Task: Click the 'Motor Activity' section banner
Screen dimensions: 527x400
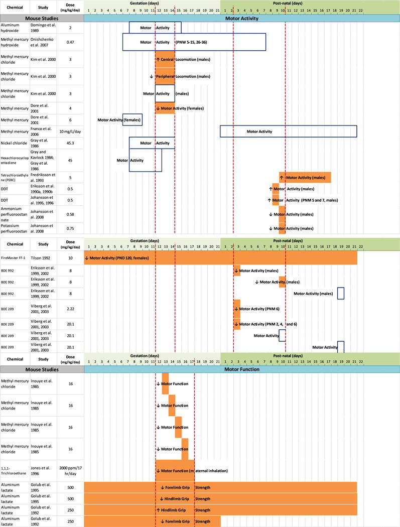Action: click(x=242, y=18)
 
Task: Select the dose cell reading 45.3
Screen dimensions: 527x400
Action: click(x=70, y=143)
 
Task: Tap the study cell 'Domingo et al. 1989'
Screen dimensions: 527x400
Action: click(x=43, y=28)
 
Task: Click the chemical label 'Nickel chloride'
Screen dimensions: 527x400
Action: click(x=15, y=143)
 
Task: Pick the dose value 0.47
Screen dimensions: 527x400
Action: click(x=70, y=42)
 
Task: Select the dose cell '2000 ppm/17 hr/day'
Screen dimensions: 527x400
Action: click(x=70, y=470)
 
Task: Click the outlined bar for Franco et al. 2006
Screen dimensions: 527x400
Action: click(x=288, y=131)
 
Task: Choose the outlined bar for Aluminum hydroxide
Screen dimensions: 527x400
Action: click(x=155, y=28)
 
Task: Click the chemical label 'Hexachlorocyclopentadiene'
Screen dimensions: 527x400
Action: click(x=15, y=160)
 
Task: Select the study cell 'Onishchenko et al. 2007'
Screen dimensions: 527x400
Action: click(x=43, y=42)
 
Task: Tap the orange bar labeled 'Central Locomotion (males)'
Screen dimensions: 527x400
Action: click(x=165, y=60)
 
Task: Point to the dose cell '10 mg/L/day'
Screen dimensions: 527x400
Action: click(x=70, y=131)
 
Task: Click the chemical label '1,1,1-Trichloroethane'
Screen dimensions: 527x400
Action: click(x=15, y=470)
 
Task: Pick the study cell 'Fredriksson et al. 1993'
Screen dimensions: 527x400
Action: click(x=43, y=177)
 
